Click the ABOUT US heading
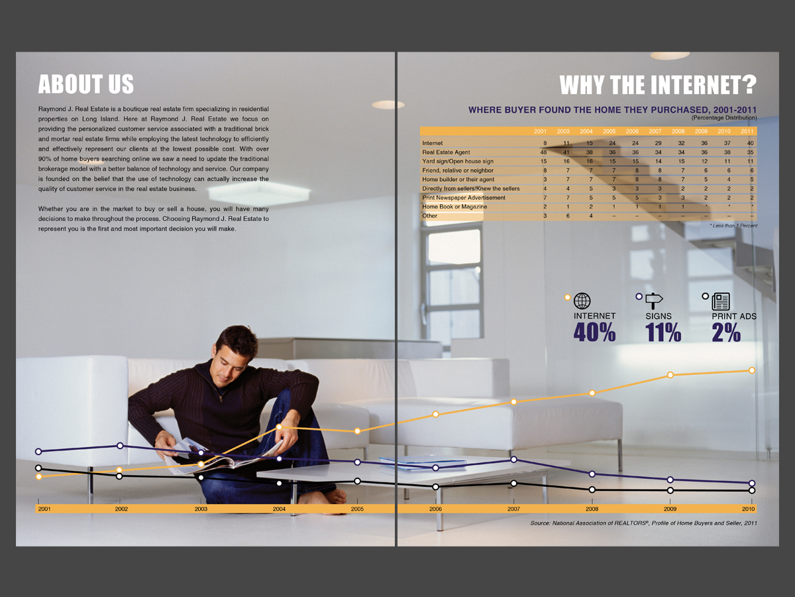[x=86, y=84]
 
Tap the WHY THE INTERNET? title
[x=658, y=85]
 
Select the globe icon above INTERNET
[x=582, y=301]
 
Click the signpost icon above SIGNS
[x=655, y=301]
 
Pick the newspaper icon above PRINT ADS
[x=721, y=301]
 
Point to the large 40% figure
[x=594, y=332]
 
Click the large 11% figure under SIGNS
[x=663, y=332]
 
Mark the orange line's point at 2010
[x=752, y=370]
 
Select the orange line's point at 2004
[x=280, y=428]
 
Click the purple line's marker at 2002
[x=120, y=446]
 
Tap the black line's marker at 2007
[x=514, y=483]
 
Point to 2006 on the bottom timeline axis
[x=435, y=509]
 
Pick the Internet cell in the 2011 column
[x=750, y=143]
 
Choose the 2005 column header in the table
[x=609, y=131]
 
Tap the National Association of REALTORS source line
[x=643, y=523]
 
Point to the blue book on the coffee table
[x=423, y=462]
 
